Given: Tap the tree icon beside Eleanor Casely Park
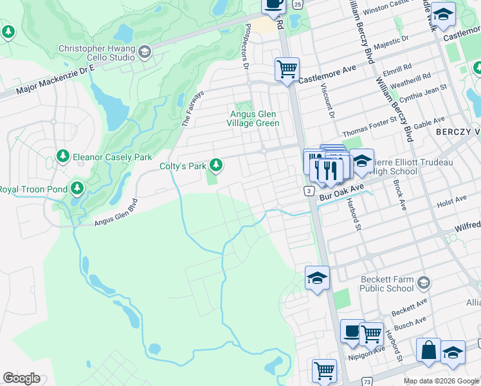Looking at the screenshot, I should click(x=63, y=156).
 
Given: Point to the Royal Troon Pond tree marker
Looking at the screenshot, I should click(x=77, y=188).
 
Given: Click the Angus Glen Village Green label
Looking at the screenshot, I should click(x=255, y=119).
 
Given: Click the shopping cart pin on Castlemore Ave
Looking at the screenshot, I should click(x=286, y=68).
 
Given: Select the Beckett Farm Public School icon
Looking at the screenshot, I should click(x=424, y=282).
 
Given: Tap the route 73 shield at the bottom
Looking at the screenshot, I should click(x=367, y=381).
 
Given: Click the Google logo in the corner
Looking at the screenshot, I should click(x=21, y=378).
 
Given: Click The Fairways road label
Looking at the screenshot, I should click(x=193, y=108).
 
